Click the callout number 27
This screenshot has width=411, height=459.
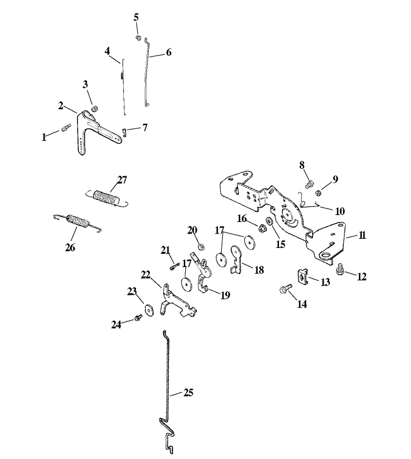tap(123, 180)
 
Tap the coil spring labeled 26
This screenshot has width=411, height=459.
tap(78, 221)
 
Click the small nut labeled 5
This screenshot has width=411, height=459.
tap(138, 38)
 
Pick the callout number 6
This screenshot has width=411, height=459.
tap(168, 52)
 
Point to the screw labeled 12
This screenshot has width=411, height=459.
tap(340, 269)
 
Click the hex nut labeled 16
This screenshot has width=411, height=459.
tap(262, 227)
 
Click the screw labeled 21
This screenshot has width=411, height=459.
tap(173, 266)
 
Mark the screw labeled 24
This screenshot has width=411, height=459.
tap(138, 317)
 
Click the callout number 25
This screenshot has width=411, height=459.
tap(188, 393)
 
